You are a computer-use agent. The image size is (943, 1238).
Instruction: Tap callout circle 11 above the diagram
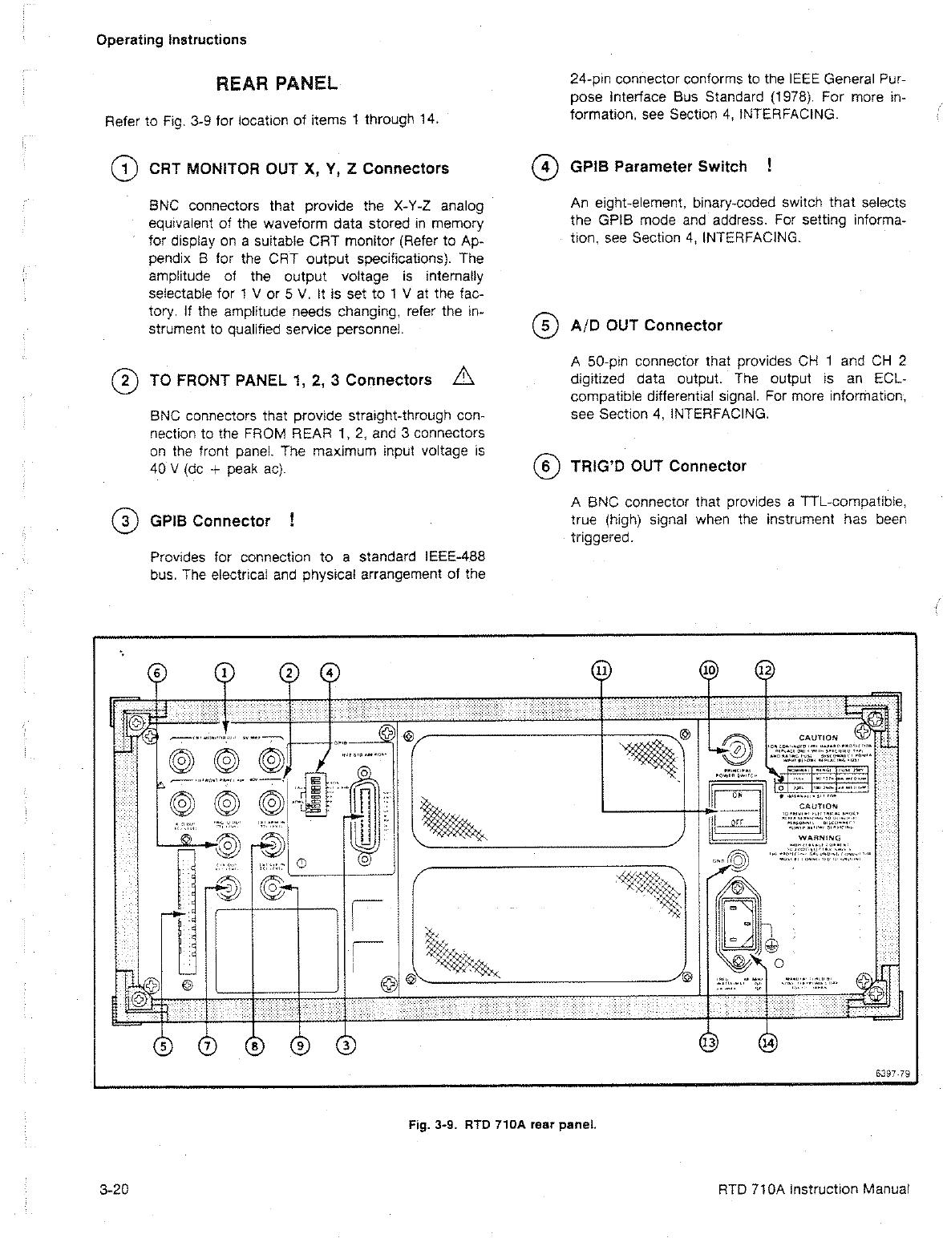pos(601,670)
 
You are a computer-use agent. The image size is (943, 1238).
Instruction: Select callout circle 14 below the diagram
pos(767,1042)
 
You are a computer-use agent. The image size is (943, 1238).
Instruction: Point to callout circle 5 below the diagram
pos(163,1045)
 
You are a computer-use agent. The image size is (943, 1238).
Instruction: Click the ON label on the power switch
pos(737,795)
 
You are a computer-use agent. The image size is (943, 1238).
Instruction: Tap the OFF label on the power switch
pos(737,821)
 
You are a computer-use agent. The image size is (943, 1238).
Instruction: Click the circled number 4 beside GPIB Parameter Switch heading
pos(545,168)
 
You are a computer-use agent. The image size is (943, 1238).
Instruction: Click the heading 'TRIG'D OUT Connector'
pos(658,467)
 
